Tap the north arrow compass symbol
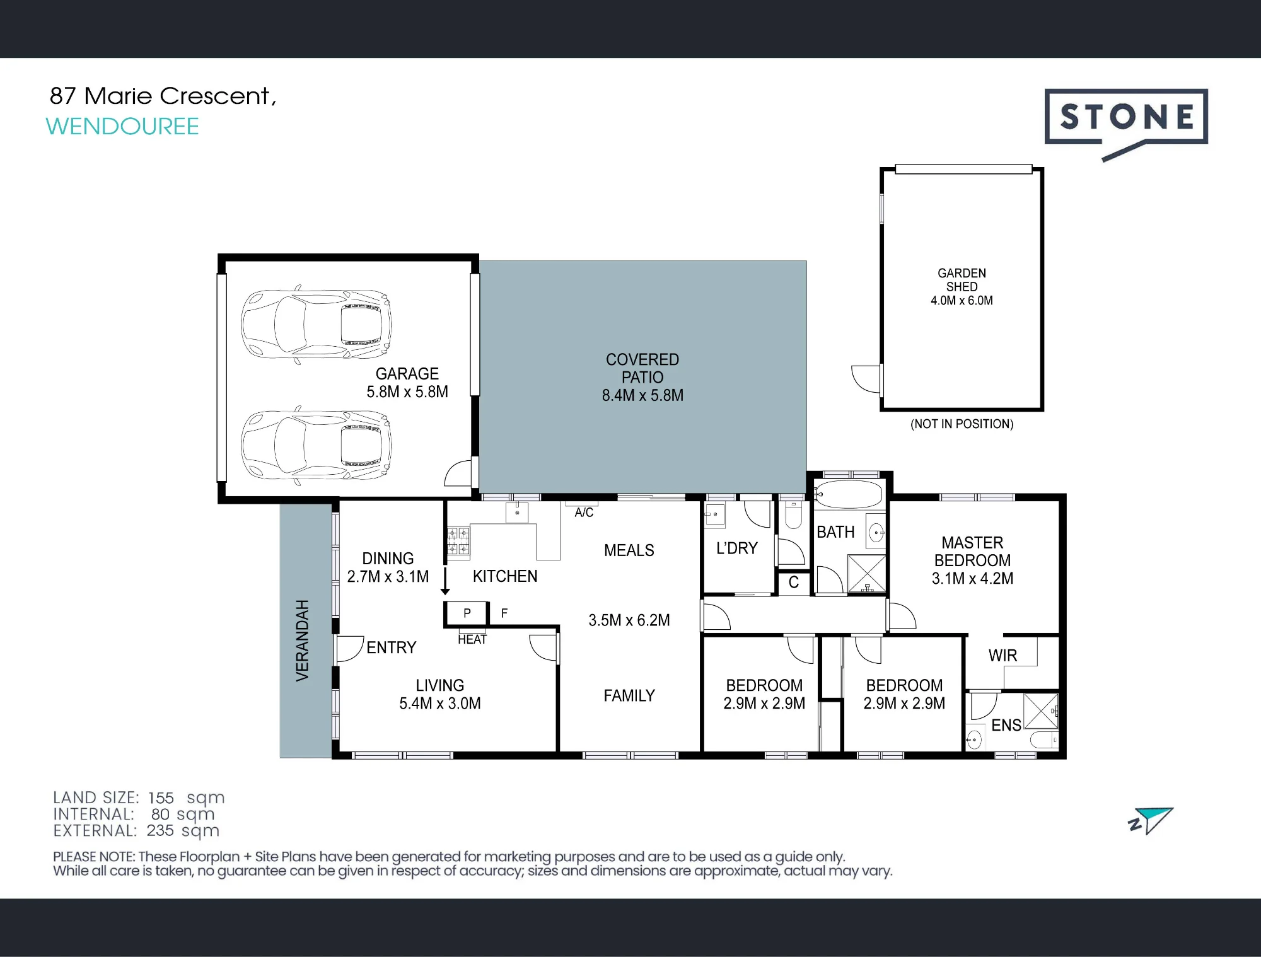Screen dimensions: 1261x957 (1151, 820)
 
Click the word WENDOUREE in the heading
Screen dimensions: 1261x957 (122, 127)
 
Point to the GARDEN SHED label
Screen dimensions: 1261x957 (962, 280)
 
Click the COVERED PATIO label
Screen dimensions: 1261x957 (642, 368)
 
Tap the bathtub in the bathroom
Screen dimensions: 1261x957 (849, 495)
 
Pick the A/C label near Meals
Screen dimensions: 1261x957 (584, 513)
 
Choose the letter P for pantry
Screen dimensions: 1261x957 (467, 613)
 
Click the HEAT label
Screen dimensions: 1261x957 (472, 639)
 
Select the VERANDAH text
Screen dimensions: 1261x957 (303, 641)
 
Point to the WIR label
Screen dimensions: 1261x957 (1002, 656)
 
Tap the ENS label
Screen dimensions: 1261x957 (1006, 726)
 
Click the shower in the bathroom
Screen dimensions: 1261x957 (867, 574)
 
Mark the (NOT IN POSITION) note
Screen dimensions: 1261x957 (962, 424)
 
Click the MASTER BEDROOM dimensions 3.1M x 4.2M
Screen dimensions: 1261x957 (973, 579)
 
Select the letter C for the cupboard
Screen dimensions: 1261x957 (794, 583)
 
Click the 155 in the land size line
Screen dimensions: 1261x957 (161, 797)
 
